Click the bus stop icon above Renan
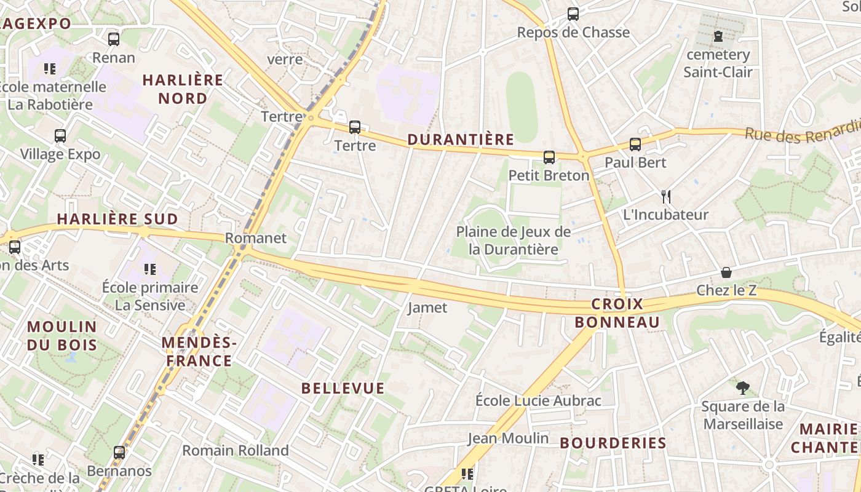click(114, 39)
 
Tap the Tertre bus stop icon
click(355, 127)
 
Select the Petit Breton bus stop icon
click(549, 157)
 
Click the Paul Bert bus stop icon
click(635, 145)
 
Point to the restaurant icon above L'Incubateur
click(665, 197)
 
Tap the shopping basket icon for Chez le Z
click(726, 272)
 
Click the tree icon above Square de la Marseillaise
click(743, 388)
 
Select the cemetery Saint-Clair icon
click(718, 37)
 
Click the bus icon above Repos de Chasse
click(573, 14)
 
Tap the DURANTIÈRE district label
click(461, 140)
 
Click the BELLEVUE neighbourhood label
click(343, 389)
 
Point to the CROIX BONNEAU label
click(617, 313)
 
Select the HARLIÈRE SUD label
click(117, 220)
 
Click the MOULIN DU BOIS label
click(62, 336)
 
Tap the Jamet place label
click(427, 307)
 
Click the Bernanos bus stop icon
click(119, 453)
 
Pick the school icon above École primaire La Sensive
click(149, 269)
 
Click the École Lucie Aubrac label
click(538, 401)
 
